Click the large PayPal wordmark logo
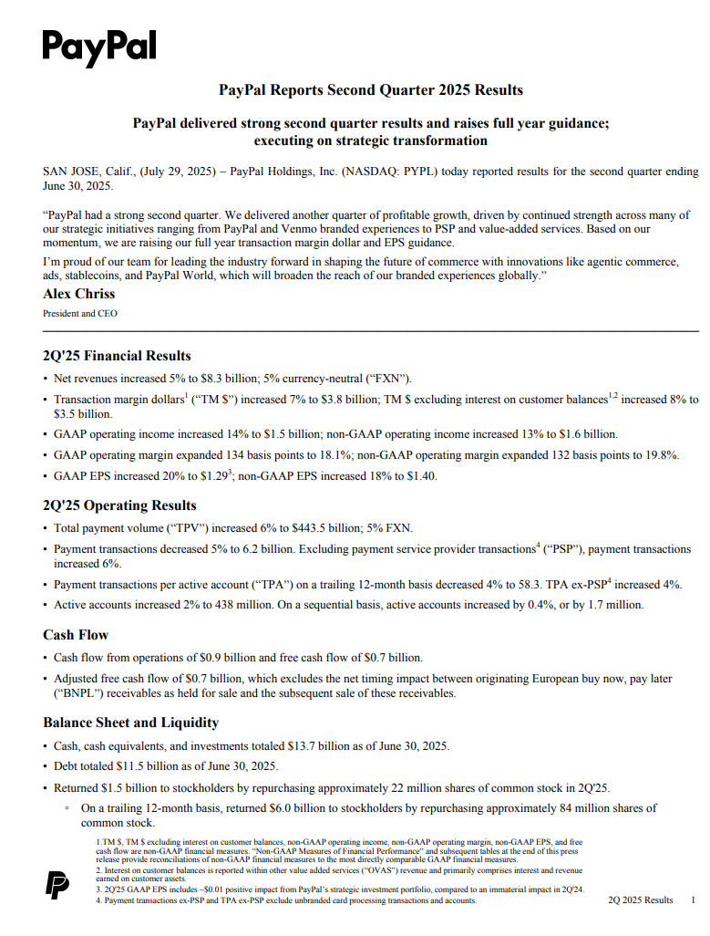pyautogui.click(x=99, y=47)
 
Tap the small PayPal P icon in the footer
pyautogui.click(x=57, y=885)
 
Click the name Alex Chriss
pyautogui.click(x=79, y=295)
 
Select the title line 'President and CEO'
pyautogui.click(x=80, y=313)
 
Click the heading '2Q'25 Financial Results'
pyautogui.click(x=117, y=356)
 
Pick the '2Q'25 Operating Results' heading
pyautogui.click(x=119, y=505)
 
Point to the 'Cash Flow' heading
pyautogui.click(x=76, y=635)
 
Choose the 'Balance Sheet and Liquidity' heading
pyautogui.click(x=130, y=723)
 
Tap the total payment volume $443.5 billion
pyautogui.click(x=327, y=527)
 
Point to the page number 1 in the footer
pyautogui.click(x=693, y=900)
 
